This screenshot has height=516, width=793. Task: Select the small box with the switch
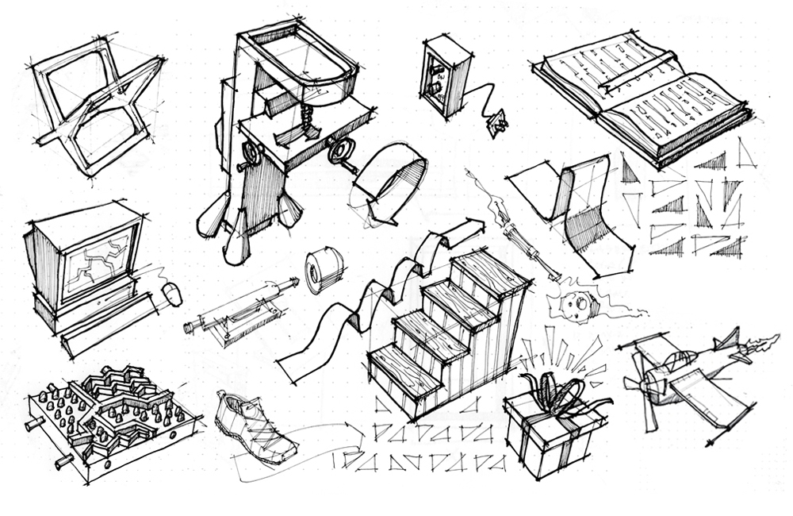click(x=442, y=78)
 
